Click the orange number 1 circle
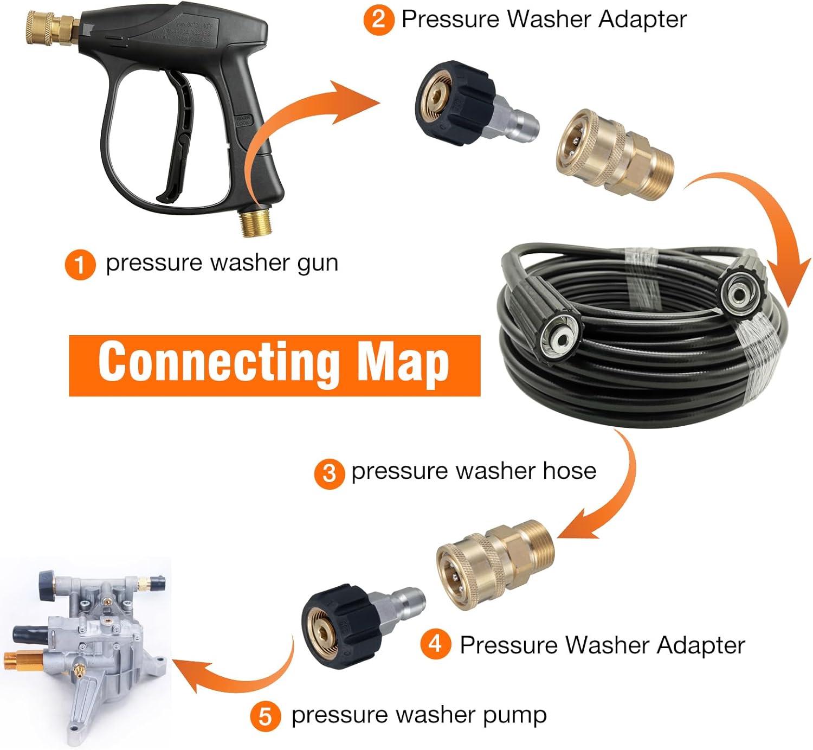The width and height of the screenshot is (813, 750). [80, 265]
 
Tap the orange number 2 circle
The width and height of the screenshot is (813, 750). [378, 20]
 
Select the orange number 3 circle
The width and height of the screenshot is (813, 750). [329, 473]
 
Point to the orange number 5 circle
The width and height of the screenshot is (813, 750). [265, 716]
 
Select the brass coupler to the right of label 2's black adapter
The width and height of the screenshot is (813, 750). [615, 155]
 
